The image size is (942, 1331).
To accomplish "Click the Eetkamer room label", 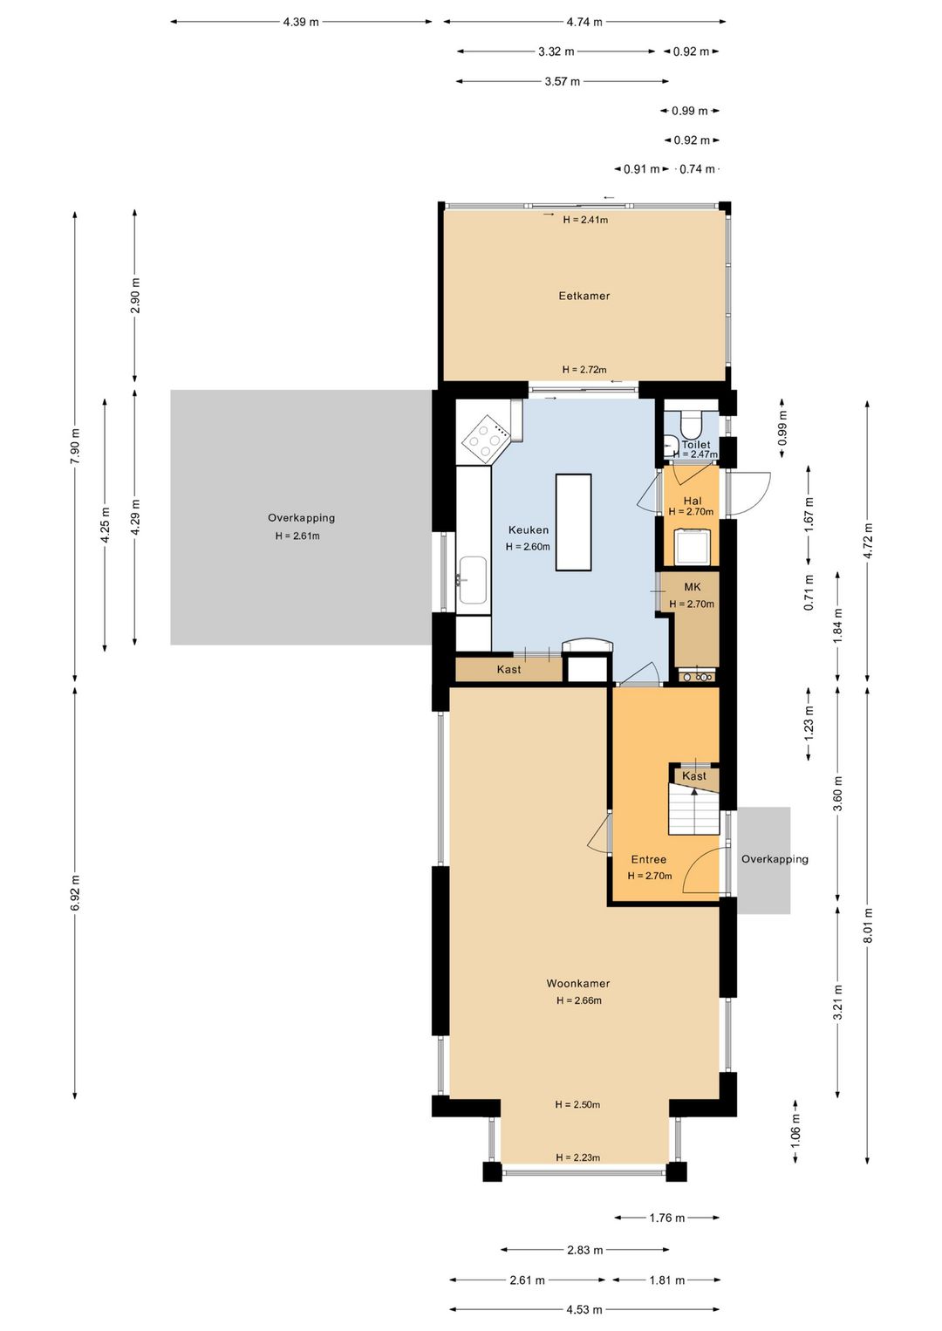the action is (x=584, y=296).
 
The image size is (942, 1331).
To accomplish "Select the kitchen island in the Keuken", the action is (x=573, y=522).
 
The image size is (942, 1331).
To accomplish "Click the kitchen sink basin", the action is (x=473, y=580).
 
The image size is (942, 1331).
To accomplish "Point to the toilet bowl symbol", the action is (x=691, y=424).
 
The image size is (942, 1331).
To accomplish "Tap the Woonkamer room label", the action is (x=577, y=983).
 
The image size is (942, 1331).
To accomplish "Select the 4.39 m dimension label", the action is (x=301, y=22).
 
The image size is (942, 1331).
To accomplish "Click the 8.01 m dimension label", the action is (x=868, y=925).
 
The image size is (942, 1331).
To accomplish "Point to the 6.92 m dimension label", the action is (x=74, y=892).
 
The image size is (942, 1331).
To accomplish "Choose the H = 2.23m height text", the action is (x=577, y=1157).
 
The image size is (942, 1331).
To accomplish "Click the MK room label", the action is (x=693, y=587).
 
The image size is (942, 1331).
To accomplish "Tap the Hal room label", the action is (x=693, y=501).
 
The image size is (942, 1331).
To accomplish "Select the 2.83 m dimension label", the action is (x=584, y=1250).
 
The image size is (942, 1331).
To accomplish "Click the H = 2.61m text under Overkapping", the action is (x=297, y=536).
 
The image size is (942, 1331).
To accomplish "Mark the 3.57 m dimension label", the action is (x=563, y=81).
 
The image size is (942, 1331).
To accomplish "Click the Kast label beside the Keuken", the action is (x=509, y=670).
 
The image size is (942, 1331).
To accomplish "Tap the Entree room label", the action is (x=648, y=859).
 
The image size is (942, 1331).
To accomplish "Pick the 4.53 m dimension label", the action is (x=584, y=1309).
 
